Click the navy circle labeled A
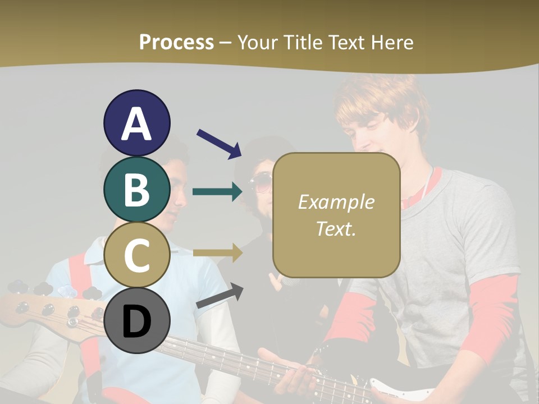pyautogui.click(x=136, y=123)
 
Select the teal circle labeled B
pyautogui.click(x=136, y=189)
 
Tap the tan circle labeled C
pyautogui.click(x=136, y=255)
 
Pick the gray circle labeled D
pyautogui.click(x=136, y=321)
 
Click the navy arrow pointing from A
pyautogui.click(x=219, y=144)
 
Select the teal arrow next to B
pyautogui.click(x=218, y=192)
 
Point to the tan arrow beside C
pyautogui.click(x=218, y=253)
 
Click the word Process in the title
pyautogui.click(x=176, y=42)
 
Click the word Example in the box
pyautogui.click(x=336, y=202)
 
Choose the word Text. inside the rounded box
pyautogui.click(x=336, y=228)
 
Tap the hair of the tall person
pyautogui.click(x=382, y=104)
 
